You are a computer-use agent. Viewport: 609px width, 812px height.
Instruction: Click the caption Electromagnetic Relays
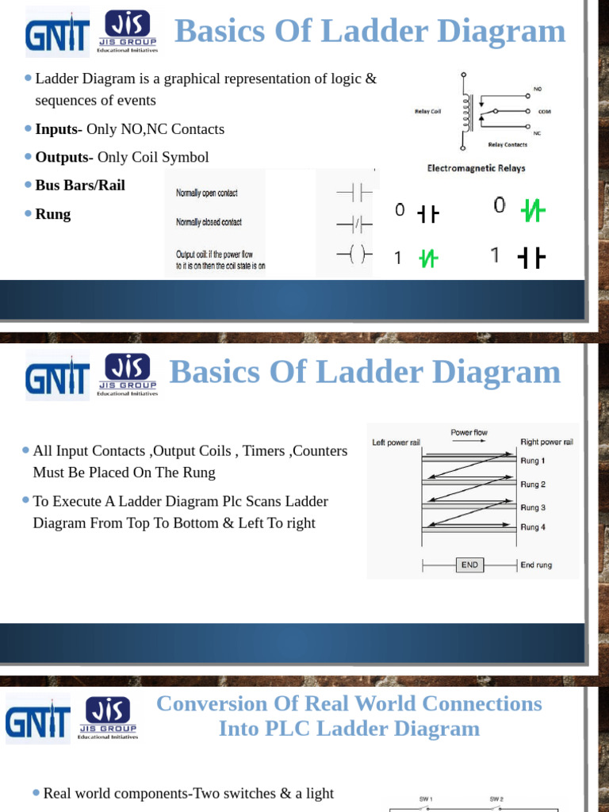tap(476, 168)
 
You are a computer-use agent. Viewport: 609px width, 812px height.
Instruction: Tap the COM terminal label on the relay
tap(544, 112)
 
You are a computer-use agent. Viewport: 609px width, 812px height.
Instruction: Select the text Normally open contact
tap(206, 193)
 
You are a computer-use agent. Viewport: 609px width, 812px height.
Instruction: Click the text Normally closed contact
tap(209, 223)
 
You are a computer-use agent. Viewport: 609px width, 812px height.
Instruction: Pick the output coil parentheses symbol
tap(352, 255)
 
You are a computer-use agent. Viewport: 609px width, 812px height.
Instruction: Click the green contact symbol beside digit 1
tap(428, 259)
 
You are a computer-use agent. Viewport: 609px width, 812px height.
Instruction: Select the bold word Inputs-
tap(59, 129)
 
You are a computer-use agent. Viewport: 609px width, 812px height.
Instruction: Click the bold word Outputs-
tap(64, 157)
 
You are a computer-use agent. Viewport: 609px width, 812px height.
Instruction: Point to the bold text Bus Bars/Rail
tap(80, 185)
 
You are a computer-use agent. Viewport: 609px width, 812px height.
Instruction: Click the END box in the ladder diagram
tap(469, 565)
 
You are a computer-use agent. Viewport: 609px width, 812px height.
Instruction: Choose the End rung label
tap(536, 565)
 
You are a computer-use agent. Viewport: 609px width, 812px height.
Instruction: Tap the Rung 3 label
tap(533, 507)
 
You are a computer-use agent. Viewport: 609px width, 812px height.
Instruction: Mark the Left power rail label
tap(396, 442)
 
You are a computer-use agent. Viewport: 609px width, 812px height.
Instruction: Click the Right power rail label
tap(546, 442)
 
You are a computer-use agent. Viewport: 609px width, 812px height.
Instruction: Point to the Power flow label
tap(469, 433)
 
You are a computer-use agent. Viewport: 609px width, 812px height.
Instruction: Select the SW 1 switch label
tap(426, 799)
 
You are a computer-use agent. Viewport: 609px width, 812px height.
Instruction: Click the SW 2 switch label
tap(497, 799)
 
